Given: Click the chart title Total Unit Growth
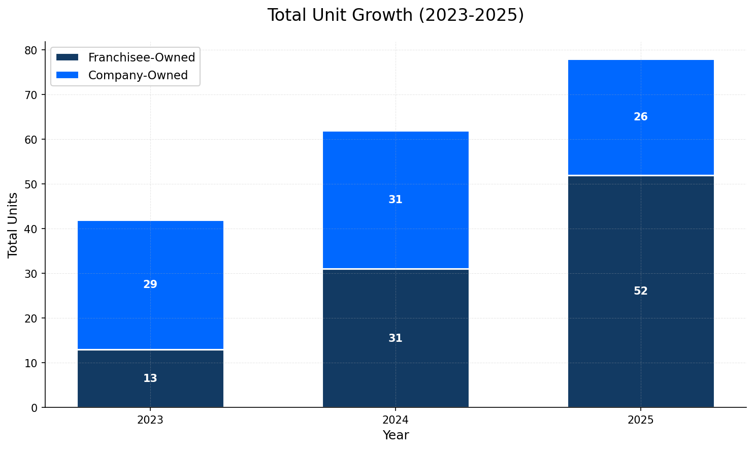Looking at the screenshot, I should click(x=396, y=15).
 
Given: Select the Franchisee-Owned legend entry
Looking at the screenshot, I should click(x=141, y=57).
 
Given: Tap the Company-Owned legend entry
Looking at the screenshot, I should click(x=138, y=75).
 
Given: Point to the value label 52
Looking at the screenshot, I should click(x=640, y=291).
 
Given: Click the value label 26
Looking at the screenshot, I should click(x=640, y=117).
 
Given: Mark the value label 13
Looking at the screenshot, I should click(x=150, y=378).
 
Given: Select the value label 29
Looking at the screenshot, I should click(x=150, y=284).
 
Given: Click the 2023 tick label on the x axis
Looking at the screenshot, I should click(x=150, y=420).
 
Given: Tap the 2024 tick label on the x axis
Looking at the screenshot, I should click(x=396, y=420).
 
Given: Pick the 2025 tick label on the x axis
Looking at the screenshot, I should click(x=640, y=420).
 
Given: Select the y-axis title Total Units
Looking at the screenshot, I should click(x=13, y=224).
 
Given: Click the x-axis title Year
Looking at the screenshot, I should click(x=396, y=435).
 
